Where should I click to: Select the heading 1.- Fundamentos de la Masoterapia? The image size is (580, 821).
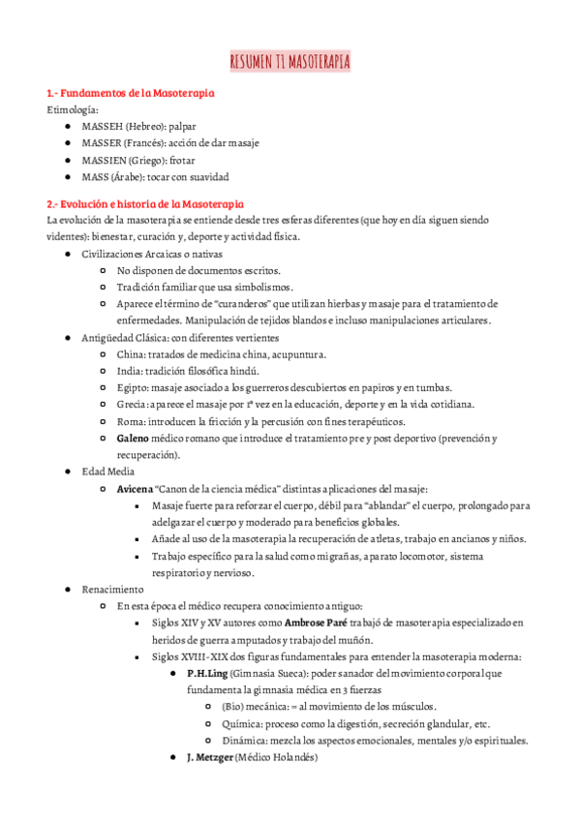pyautogui.click(x=131, y=93)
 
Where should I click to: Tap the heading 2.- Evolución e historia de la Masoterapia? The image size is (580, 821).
pyautogui.click(x=145, y=204)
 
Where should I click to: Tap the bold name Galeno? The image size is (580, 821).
pyautogui.click(x=133, y=439)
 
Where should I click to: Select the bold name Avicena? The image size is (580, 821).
pyautogui.click(x=135, y=489)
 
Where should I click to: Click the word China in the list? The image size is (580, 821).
pyautogui.click(x=130, y=354)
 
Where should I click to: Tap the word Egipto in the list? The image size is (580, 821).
pyautogui.click(x=133, y=388)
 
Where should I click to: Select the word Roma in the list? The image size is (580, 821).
pyautogui.click(x=130, y=422)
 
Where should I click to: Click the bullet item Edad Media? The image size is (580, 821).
pyautogui.click(x=108, y=471)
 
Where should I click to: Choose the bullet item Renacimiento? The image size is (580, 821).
pyautogui.click(x=112, y=589)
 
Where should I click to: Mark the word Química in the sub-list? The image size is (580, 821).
pyautogui.click(x=243, y=723)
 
